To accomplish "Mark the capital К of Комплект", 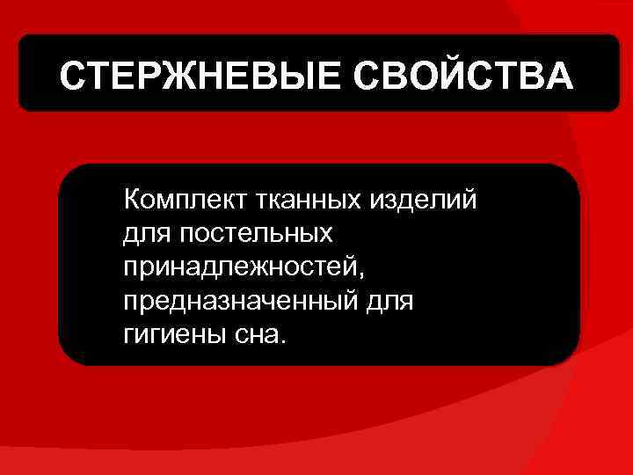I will pos(133,200).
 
